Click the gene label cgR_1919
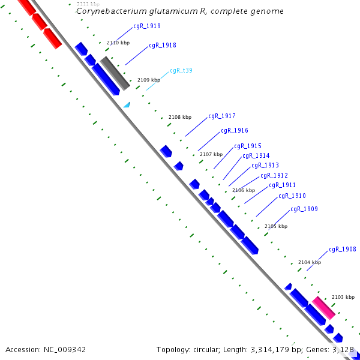(146, 26)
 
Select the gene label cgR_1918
(162, 45)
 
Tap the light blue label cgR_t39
(181, 70)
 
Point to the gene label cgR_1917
(221, 116)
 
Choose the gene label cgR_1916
(234, 130)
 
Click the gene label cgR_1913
(265, 165)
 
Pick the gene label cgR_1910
(292, 196)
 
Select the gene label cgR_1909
(304, 209)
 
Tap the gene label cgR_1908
(342, 249)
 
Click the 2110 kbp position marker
(118, 43)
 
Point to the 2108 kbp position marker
(179, 117)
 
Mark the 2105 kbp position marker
(275, 226)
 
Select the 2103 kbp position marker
(343, 297)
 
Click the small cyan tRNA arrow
(127, 105)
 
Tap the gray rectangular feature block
(115, 73)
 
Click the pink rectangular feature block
(323, 307)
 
